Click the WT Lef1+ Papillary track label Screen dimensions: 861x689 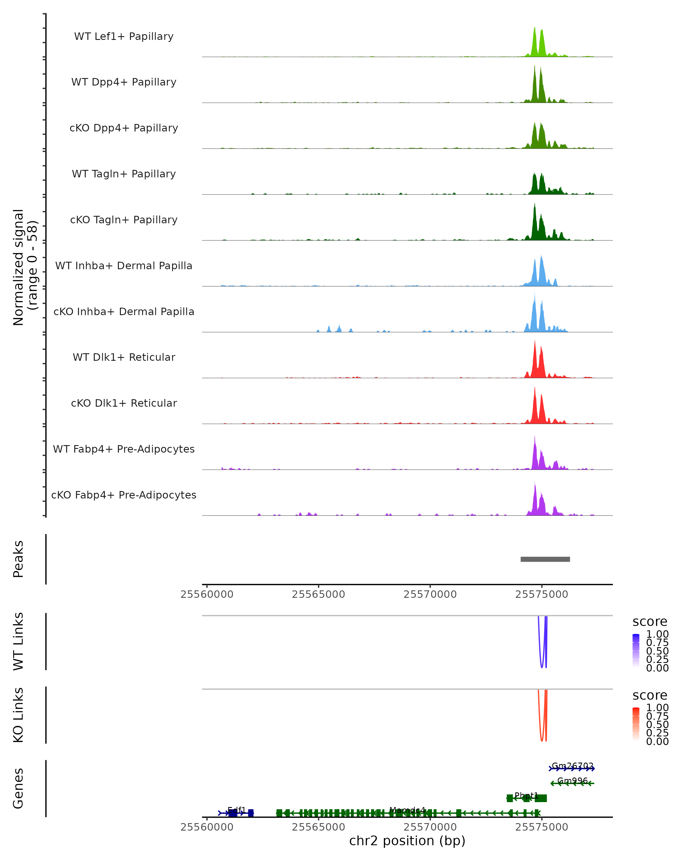pos(124,36)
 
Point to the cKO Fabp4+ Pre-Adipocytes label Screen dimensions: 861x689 pos(124,495)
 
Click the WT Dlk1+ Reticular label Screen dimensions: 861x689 pos(124,357)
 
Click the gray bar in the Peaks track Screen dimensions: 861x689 pos(545,559)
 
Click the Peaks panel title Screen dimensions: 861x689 pos(18,559)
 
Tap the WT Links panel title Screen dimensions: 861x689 pos(18,641)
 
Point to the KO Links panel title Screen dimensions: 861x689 pos(18,715)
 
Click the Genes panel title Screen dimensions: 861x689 pos(18,788)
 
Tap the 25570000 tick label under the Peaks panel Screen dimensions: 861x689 pos(430,594)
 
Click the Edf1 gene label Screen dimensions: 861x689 pos(237,810)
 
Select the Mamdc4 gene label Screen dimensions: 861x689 pos(407,810)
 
